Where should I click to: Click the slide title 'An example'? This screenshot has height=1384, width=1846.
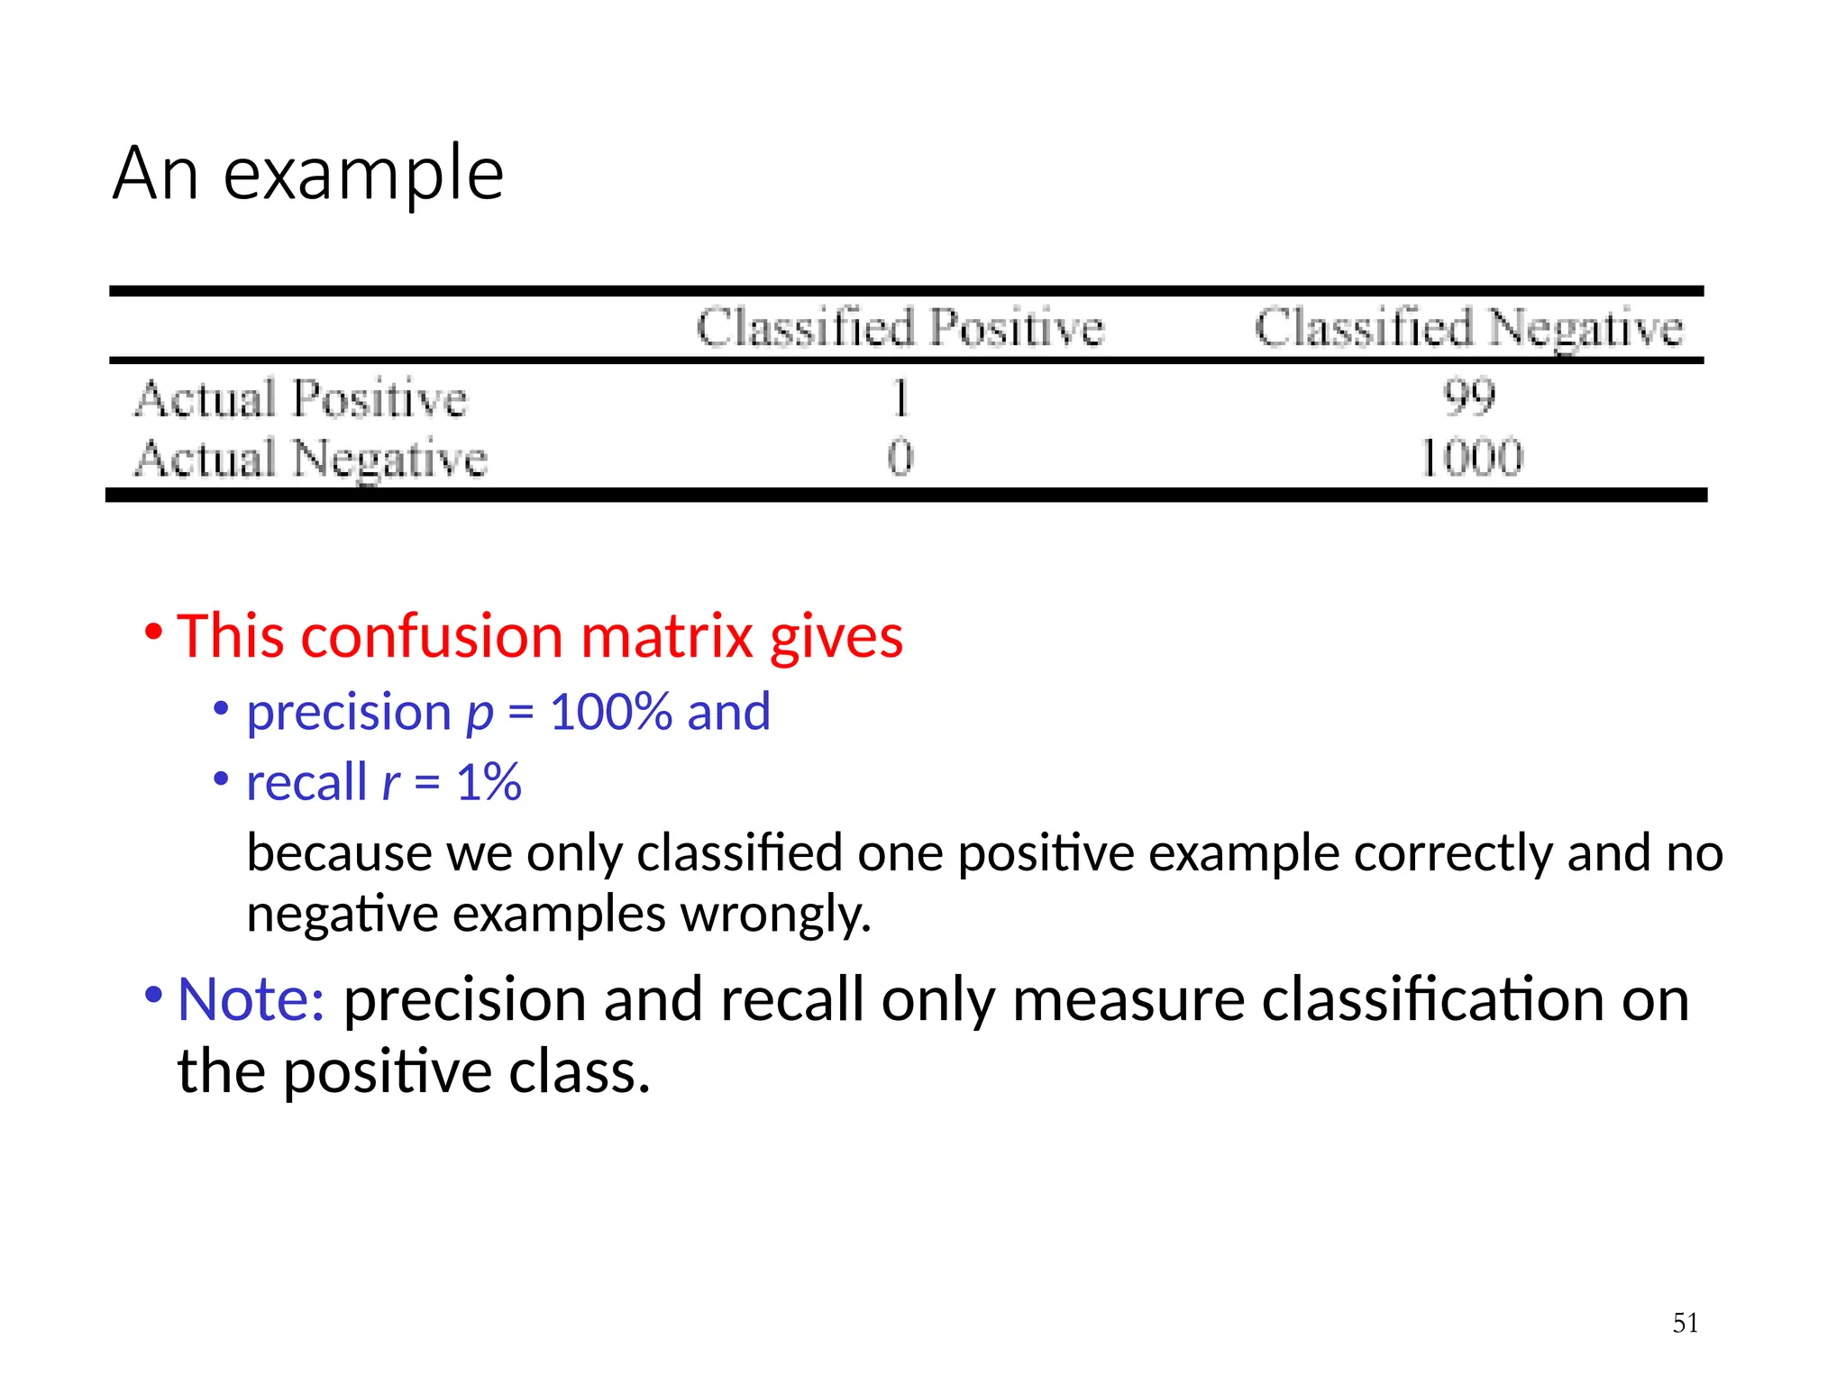pyautogui.click(x=308, y=172)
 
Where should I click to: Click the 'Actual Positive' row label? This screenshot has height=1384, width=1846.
pyautogui.click(x=301, y=398)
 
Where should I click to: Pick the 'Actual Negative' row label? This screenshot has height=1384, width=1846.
pyautogui.click(x=311, y=458)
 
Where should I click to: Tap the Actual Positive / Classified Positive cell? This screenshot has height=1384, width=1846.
pyautogui.click(x=900, y=397)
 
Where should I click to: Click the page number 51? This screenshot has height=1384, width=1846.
pyautogui.click(x=1685, y=1323)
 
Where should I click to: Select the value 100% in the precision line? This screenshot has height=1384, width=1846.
pyautogui.click(x=611, y=712)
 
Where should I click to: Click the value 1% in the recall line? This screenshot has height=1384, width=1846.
pyautogui.click(x=489, y=782)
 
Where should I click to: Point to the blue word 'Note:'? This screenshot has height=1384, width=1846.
pyautogui.click(x=251, y=999)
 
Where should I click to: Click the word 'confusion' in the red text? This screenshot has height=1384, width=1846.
pyautogui.click(x=433, y=636)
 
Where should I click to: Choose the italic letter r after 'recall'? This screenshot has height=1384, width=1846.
pyautogui.click(x=390, y=782)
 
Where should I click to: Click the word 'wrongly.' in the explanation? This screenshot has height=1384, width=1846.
pyautogui.click(x=775, y=914)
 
